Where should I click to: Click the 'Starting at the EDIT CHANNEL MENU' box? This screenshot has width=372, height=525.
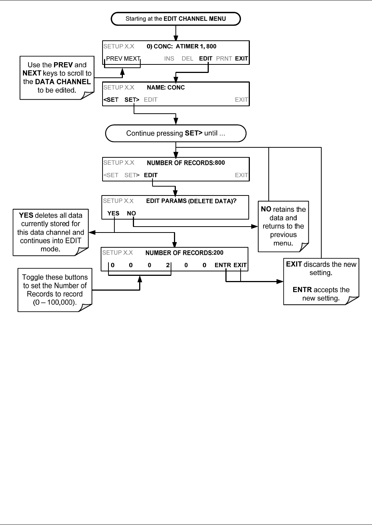(176, 19)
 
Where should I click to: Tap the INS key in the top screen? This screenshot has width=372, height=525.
(169, 58)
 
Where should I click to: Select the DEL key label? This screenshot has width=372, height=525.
(187, 58)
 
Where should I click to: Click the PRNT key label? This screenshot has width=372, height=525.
(224, 58)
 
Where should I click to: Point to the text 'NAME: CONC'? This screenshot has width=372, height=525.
(166, 87)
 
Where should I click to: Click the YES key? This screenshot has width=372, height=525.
(113, 213)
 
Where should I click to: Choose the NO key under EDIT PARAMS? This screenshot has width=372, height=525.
(131, 213)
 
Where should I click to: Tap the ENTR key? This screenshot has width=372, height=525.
(223, 265)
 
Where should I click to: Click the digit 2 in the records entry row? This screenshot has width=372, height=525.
(168, 265)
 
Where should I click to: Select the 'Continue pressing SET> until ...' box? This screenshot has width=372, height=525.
(176, 133)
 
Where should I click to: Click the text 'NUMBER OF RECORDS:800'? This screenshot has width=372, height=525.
(186, 163)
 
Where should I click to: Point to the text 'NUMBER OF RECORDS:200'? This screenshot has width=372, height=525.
(184, 253)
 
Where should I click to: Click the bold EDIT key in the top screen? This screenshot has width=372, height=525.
(206, 58)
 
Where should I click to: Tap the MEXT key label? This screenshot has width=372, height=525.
(132, 58)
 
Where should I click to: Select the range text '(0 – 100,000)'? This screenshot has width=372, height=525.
(55, 302)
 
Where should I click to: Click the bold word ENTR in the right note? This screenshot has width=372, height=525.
(302, 290)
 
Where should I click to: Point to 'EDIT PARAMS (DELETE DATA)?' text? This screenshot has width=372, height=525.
(191, 201)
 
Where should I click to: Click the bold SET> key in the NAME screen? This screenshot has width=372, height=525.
(132, 100)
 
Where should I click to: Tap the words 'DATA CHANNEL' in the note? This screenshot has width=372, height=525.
(63, 81)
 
